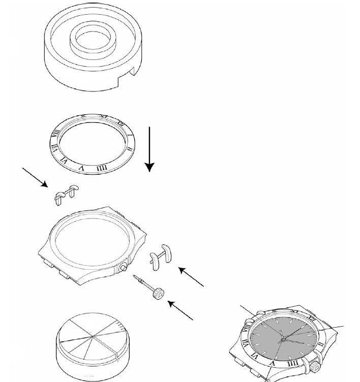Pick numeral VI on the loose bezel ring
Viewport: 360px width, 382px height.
65,158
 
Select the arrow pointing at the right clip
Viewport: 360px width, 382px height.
191,277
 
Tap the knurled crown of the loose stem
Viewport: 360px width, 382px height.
160,293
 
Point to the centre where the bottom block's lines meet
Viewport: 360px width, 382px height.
92,336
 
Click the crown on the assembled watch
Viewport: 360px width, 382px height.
315,364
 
